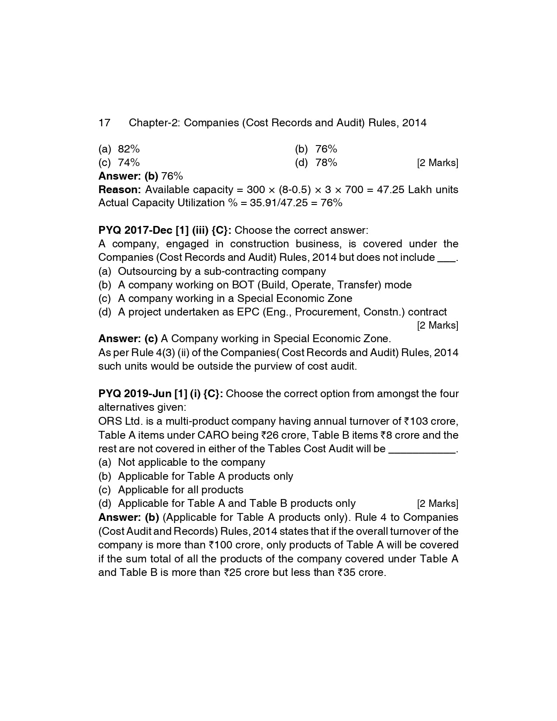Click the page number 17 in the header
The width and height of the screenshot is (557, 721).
104,123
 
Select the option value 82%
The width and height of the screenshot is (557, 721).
129,149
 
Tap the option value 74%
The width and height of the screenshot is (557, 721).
129,163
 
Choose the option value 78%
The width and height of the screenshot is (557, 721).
326,163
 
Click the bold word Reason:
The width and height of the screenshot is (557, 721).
120,190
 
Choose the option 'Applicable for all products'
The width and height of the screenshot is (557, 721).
180,490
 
